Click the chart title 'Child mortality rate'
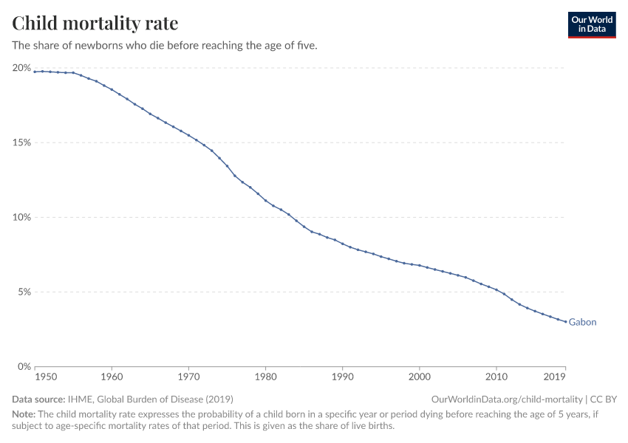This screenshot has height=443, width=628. pos(95,24)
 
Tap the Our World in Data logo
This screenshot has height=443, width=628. pos(592,24)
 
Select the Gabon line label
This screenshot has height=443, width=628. pos(582,323)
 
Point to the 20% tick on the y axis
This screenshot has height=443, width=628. pos(21,68)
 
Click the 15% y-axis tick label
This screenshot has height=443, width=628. pos(21,142)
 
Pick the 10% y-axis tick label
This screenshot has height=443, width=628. pos(21,217)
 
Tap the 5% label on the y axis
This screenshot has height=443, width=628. pos(24,292)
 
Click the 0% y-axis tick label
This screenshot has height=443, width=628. pos(24,366)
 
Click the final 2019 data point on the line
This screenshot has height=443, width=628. pos(565,321)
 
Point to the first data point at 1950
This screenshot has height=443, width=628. pos(35,72)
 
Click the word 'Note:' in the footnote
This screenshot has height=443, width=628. pos(24,414)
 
